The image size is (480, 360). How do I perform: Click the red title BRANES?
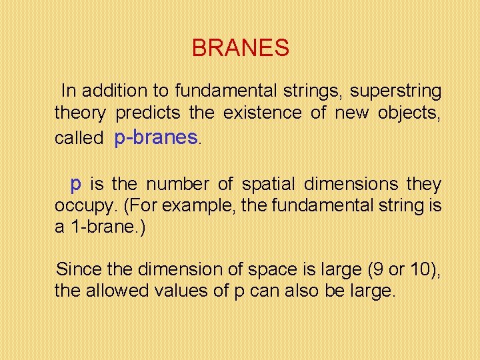[x=240, y=48]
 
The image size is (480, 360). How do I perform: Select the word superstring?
[x=395, y=90]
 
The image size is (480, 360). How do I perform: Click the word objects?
[x=408, y=113]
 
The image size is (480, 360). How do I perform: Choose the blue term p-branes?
[x=156, y=137]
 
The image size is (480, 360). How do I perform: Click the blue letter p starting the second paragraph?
[x=77, y=183]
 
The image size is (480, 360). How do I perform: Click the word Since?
[x=78, y=269]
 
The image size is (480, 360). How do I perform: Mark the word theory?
[x=79, y=113]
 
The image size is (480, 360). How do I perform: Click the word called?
[x=79, y=138]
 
